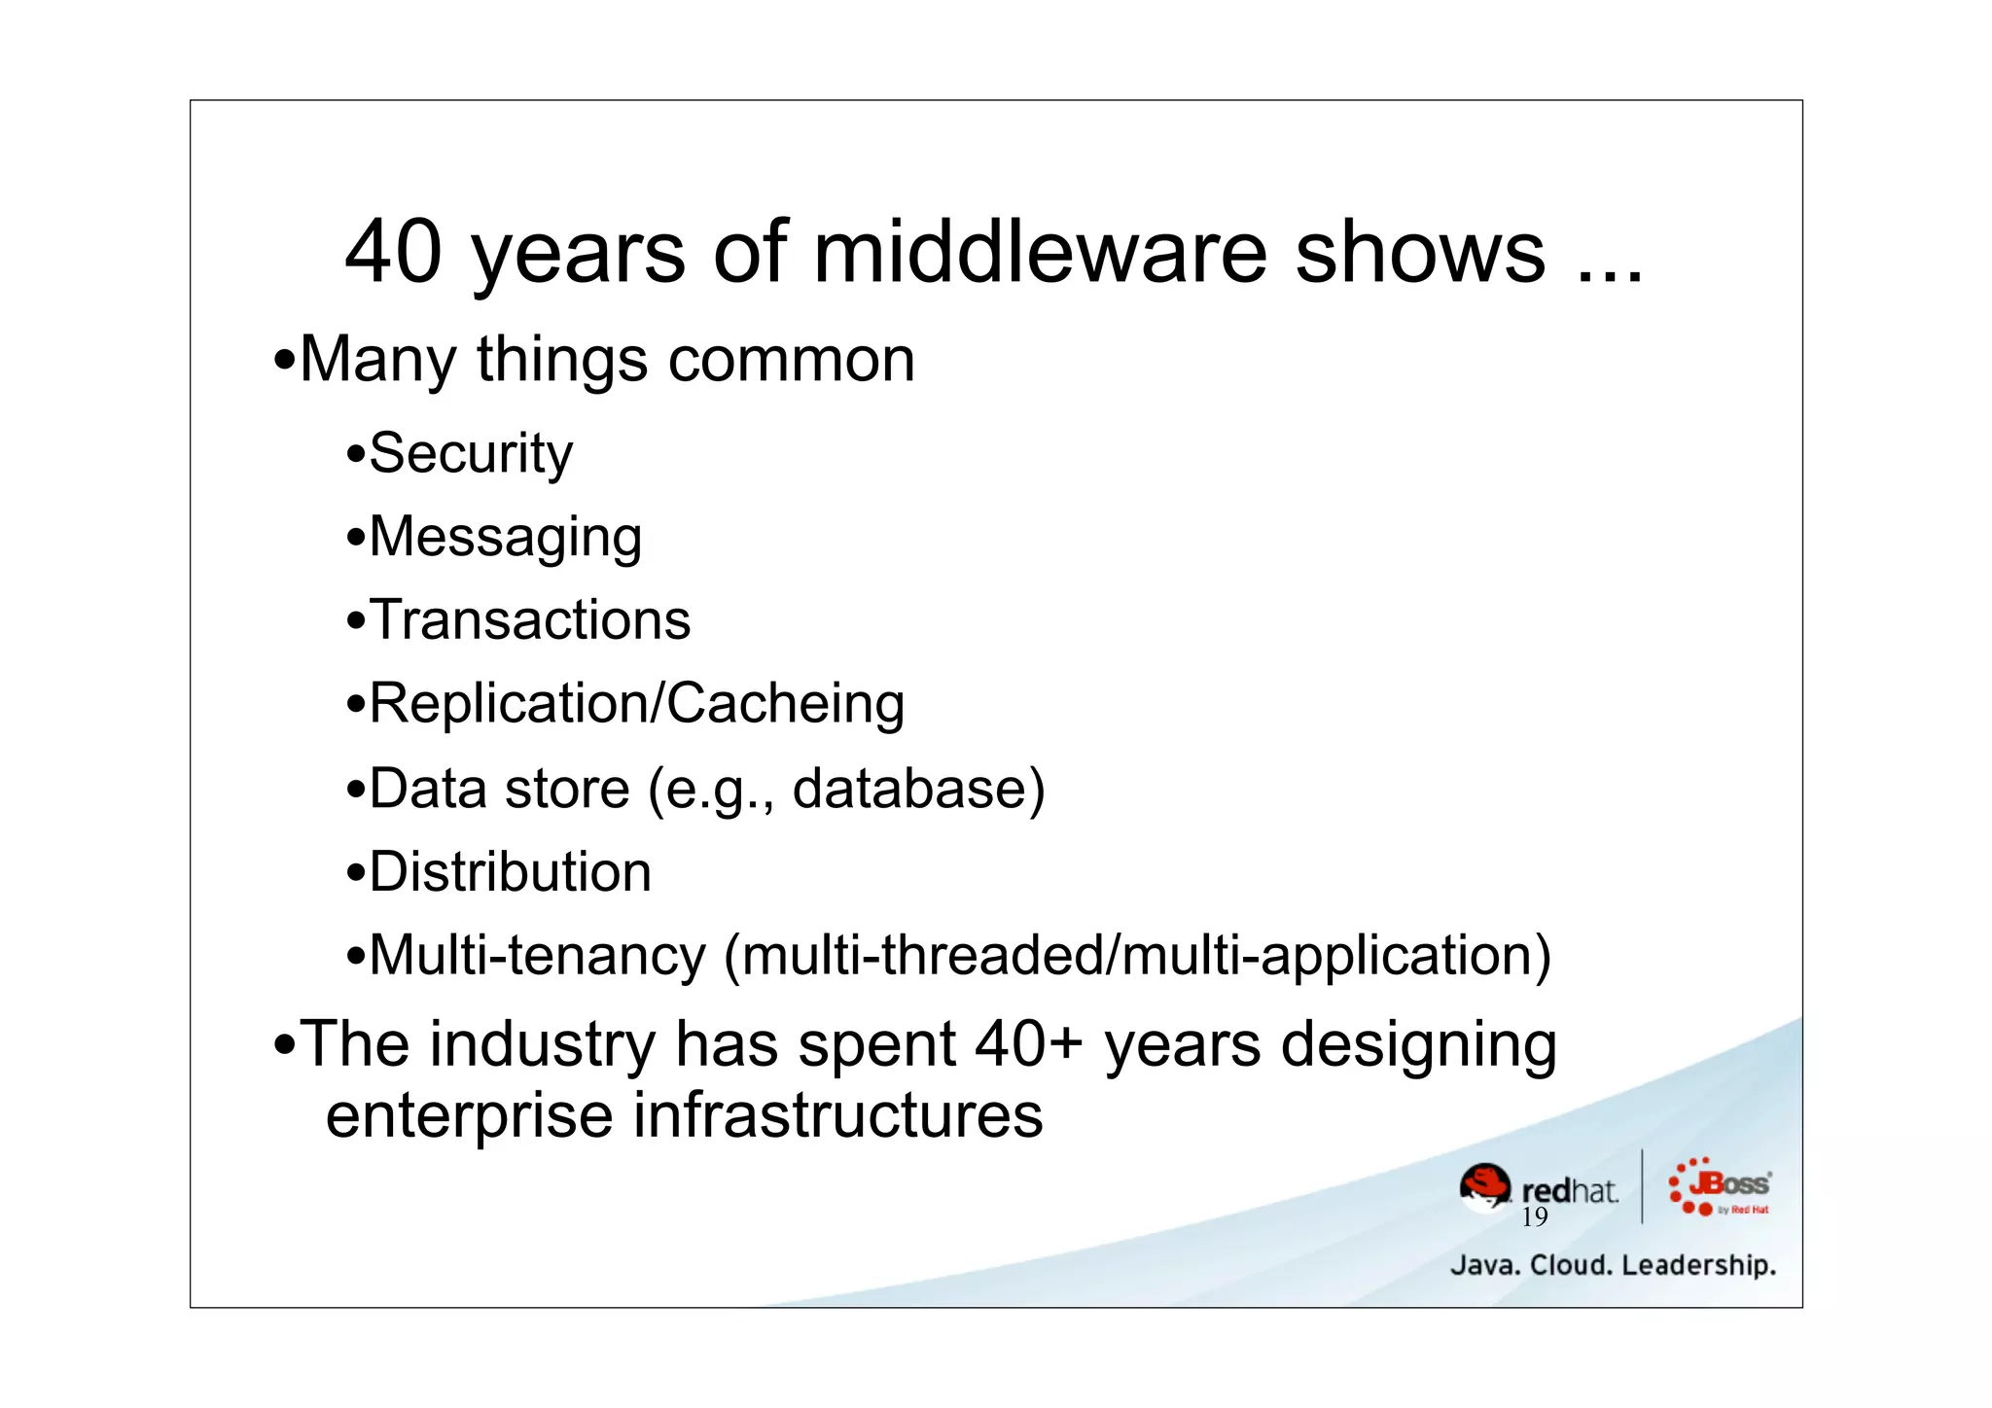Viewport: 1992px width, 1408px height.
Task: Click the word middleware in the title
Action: pyautogui.click(x=1039, y=253)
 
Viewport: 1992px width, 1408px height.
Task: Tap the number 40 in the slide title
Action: pyautogui.click(x=393, y=253)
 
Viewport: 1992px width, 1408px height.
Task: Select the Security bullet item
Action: pyautogui.click(x=471, y=454)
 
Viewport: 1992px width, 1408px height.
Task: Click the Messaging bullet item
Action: pyautogui.click(x=505, y=538)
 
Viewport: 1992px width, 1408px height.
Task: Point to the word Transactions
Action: pyautogui.click(x=530, y=620)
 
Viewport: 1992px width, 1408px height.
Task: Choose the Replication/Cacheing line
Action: pyautogui.click(x=636, y=704)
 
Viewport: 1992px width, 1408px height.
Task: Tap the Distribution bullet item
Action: pyautogui.click(x=510, y=871)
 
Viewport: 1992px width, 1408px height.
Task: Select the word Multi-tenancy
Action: pyautogui.click(x=537, y=956)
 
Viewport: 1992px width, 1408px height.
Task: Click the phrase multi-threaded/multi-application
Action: pyautogui.click(x=1138, y=956)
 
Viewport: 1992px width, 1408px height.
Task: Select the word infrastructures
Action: pyautogui.click(x=837, y=1115)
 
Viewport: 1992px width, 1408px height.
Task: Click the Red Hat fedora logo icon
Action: pyautogui.click(x=1485, y=1187)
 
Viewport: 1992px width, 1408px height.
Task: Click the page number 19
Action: pyautogui.click(x=1534, y=1218)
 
